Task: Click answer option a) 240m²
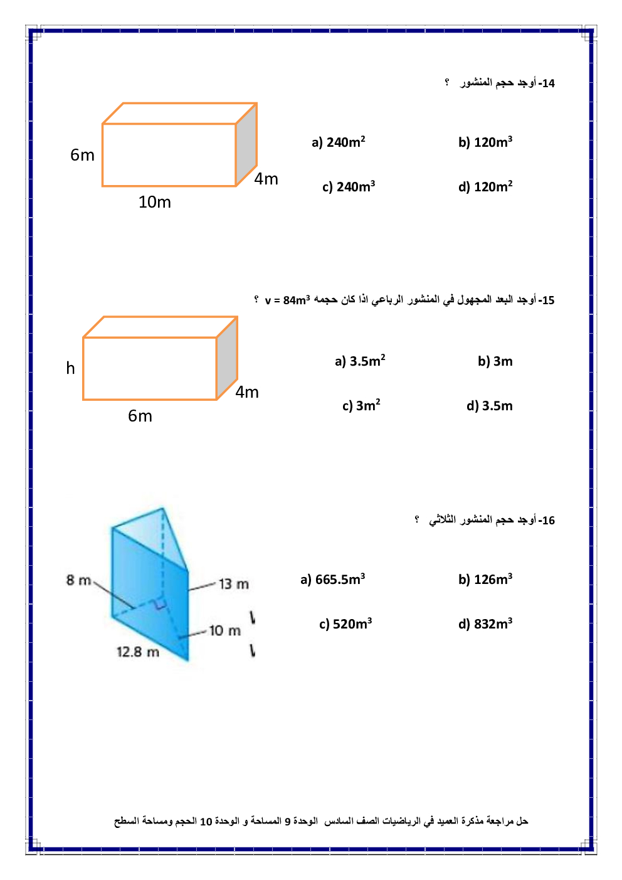tap(338, 142)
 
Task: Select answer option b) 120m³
tap(485, 142)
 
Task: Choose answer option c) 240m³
tap(349, 187)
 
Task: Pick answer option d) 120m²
tap(485, 187)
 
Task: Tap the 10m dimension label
tap(154, 202)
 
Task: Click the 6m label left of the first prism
tap(82, 155)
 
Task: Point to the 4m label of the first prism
tap(266, 179)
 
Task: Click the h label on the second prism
tap(70, 368)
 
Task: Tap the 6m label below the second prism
tap(140, 416)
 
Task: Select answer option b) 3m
tap(495, 361)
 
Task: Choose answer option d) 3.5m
tap(489, 406)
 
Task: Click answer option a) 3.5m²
tap(360, 361)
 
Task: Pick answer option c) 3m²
tap(361, 406)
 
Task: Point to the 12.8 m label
tap(138, 652)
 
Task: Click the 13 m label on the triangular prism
tap(233, 584)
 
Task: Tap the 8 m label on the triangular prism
tap(78, 580)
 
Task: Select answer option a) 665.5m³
tap(332, 580)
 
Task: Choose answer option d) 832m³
tap(485, 624)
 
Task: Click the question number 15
tap(547, 300)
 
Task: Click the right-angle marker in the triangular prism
tap(160, 603)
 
